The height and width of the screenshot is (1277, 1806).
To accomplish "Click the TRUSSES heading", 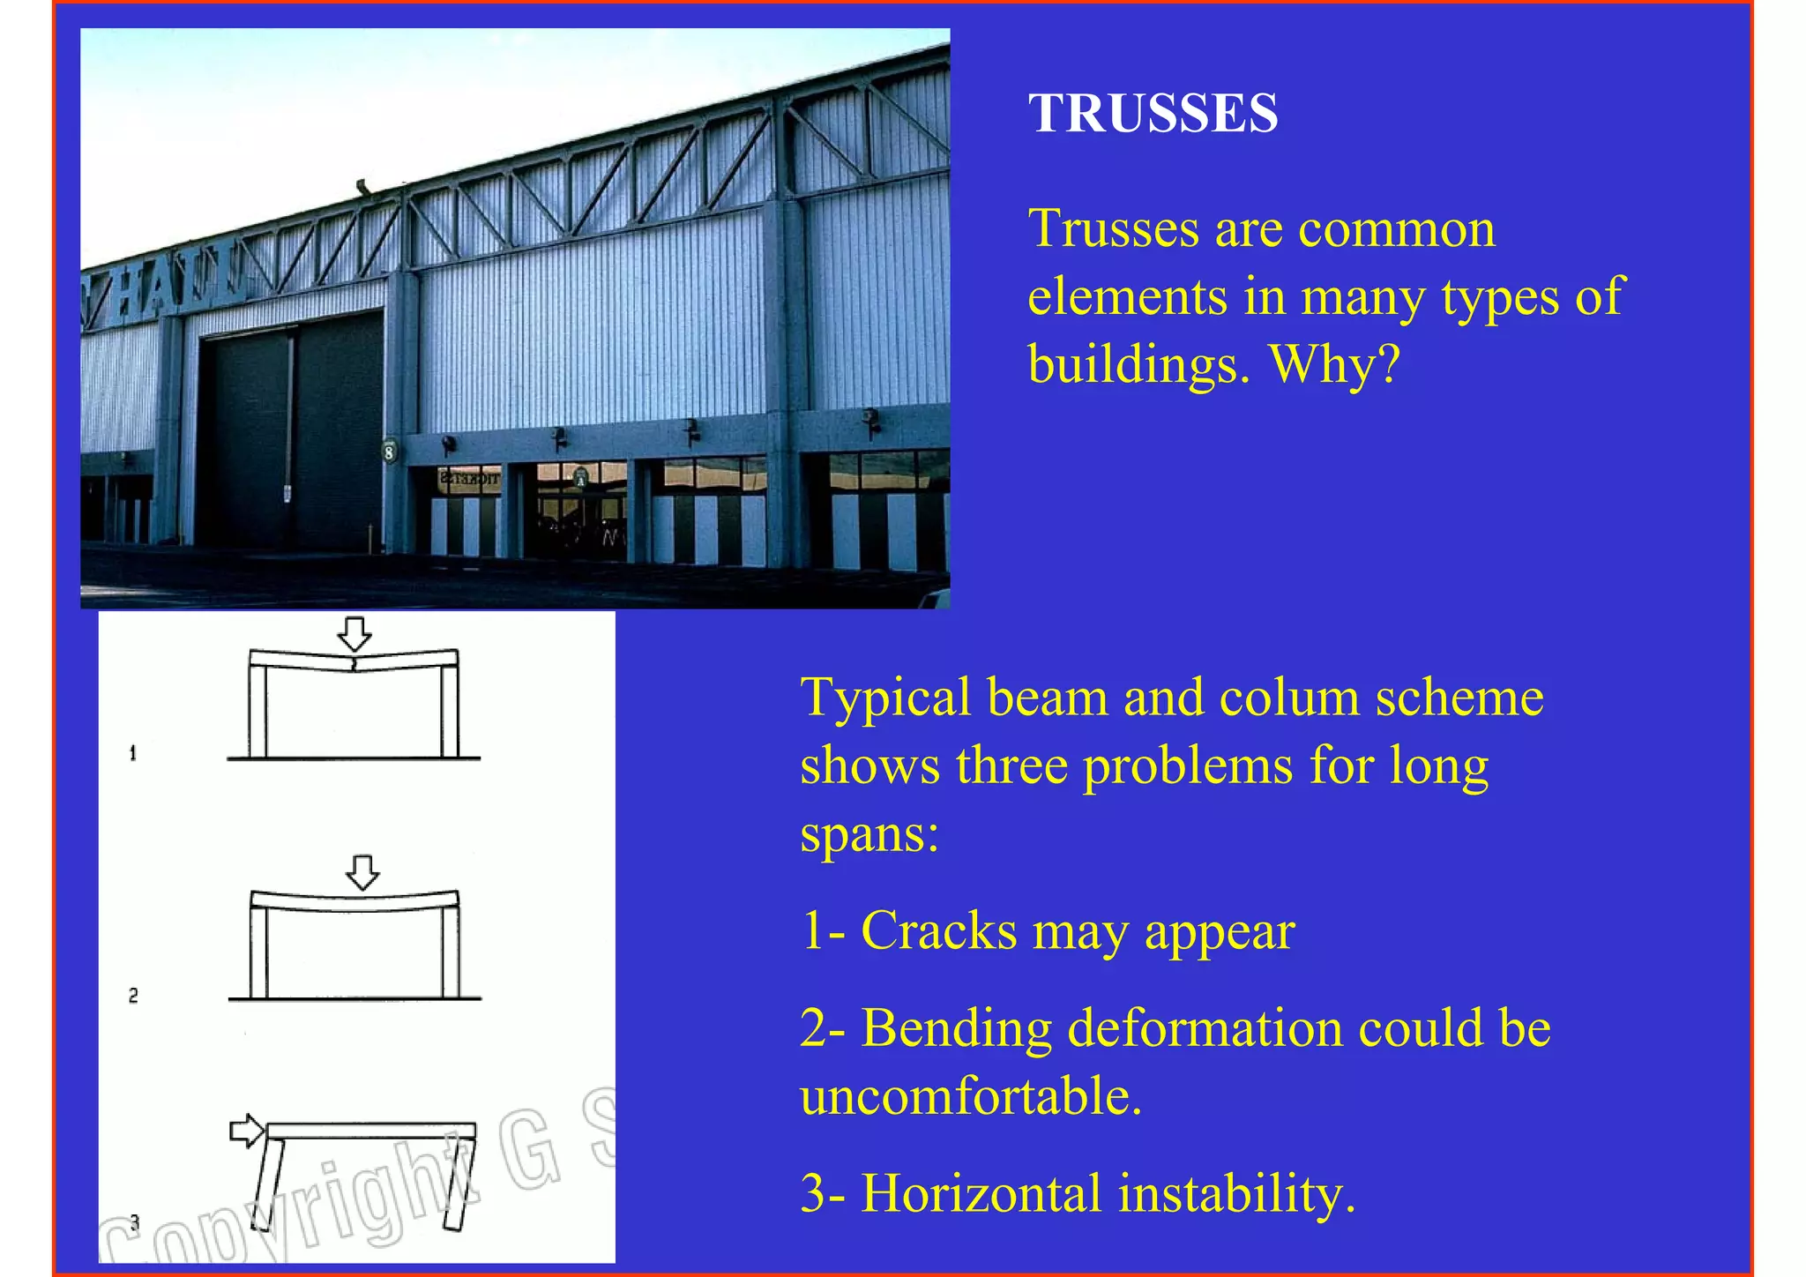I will (x=1153, y=114).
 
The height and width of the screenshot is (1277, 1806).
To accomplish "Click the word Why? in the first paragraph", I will (x=1333, y=363).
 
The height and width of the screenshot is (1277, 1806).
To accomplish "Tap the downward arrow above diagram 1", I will (x=354, y=633).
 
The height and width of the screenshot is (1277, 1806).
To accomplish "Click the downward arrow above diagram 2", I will (x=362, y=871).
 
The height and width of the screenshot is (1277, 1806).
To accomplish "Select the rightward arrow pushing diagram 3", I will (x=246, y=1131).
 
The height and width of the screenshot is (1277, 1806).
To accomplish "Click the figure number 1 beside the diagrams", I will (x=133, y=753).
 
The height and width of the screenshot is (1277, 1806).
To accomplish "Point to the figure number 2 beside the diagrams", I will (x=133, y=996).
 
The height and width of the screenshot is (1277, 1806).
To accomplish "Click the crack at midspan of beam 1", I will (x=354, y=663).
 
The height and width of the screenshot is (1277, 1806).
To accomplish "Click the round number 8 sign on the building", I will (x=389, y=452).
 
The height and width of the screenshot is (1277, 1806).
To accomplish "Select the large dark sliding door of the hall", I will (x=291, y=432).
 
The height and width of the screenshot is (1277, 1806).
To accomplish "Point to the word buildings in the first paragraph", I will (x=1138, y=363).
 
